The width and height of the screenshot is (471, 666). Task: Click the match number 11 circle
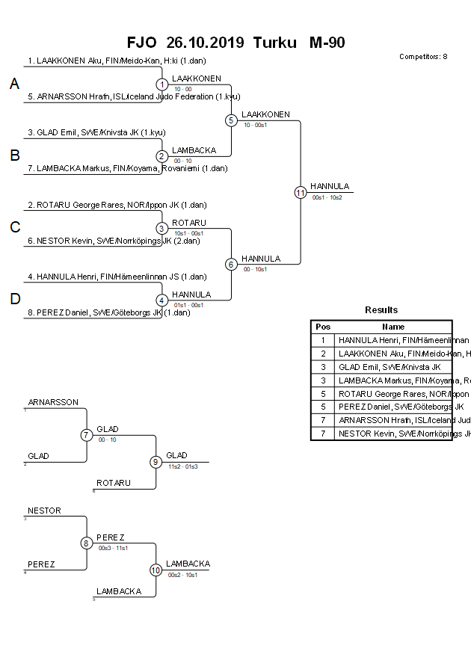(x=300, y=192)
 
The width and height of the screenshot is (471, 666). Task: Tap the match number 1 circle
(x=161, y=84)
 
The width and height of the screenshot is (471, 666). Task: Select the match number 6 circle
(x=231, y=264)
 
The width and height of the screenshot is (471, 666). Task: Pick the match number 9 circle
(x=156, y=462)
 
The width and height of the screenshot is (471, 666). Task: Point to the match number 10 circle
(x=156, y=570)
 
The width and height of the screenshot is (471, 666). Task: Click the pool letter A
(x=14, y=84)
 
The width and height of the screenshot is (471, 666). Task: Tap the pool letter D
(x=14, y=300)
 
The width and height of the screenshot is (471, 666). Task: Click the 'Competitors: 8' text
(x=423, y=57)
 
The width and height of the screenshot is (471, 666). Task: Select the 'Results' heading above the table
(x=381, y=310)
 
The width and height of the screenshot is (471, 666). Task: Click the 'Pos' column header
(x=323, y=327)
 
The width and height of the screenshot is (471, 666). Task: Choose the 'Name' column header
(x=393, y=327)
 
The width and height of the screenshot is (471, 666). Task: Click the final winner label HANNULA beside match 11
(x=330, y=186)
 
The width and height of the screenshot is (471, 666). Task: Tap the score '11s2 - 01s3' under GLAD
(x=183, y=466)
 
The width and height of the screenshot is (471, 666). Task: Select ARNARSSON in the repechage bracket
(x=53, y=402)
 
